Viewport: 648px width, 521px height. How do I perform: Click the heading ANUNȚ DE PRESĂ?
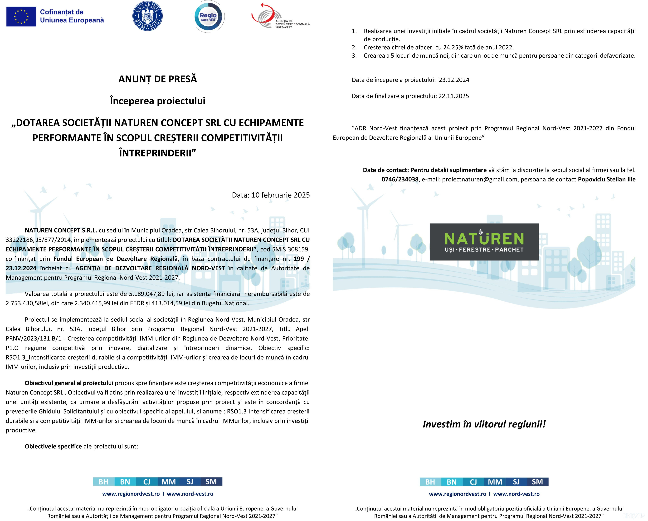tap(157, 79)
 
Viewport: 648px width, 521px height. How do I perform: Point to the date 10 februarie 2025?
tap(280, 195)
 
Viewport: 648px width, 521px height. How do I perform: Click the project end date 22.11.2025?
tap(453, 96)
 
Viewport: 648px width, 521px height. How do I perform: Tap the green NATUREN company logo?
tap(484, 242)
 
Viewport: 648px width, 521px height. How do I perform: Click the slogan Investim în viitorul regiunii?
tap(484, 424)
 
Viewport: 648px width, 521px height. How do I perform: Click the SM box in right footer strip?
tap(537, 482)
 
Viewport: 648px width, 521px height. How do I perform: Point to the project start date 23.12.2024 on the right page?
tap(454, 80)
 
